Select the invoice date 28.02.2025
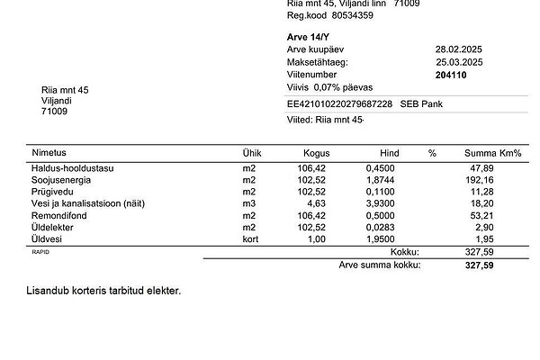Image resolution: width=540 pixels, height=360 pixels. coord(459,49)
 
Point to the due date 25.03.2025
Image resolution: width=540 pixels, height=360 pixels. coord(459,62)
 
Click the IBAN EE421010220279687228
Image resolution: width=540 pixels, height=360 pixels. coord(333,104)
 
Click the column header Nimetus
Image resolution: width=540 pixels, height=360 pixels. coord(49,153)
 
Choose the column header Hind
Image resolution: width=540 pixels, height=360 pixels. coord(389,153)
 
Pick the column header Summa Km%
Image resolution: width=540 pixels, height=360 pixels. coord(492,153)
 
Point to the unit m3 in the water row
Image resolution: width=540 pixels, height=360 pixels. coord(249,203)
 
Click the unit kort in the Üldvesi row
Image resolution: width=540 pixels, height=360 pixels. coord(250,239)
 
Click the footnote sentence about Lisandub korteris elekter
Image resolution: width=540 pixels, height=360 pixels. coord(104,291)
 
